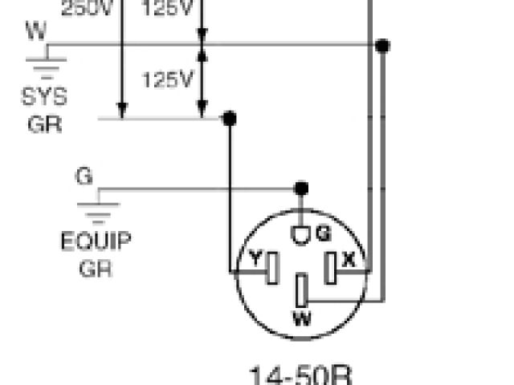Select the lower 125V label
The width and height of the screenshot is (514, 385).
pos(169,79)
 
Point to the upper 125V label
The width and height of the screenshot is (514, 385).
pos(169,8)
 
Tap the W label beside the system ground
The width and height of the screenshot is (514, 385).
pos(35,31)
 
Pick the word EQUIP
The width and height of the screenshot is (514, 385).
pos(96,241)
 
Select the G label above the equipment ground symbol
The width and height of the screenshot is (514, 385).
pos(84,175)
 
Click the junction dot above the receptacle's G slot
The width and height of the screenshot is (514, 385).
pos(301,188)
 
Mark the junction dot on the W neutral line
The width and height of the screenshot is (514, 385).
pos(382,46)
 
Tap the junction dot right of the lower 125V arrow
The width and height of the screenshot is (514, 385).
pos(229,119)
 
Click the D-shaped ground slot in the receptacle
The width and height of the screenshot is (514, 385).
pos(301,235)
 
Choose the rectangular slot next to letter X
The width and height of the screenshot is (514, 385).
pos(330,269)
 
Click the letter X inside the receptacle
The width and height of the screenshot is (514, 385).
pos(349,259)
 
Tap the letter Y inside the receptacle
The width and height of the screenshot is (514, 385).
pos(255,259)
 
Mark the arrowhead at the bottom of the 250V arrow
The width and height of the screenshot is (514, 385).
pos(122,111)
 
